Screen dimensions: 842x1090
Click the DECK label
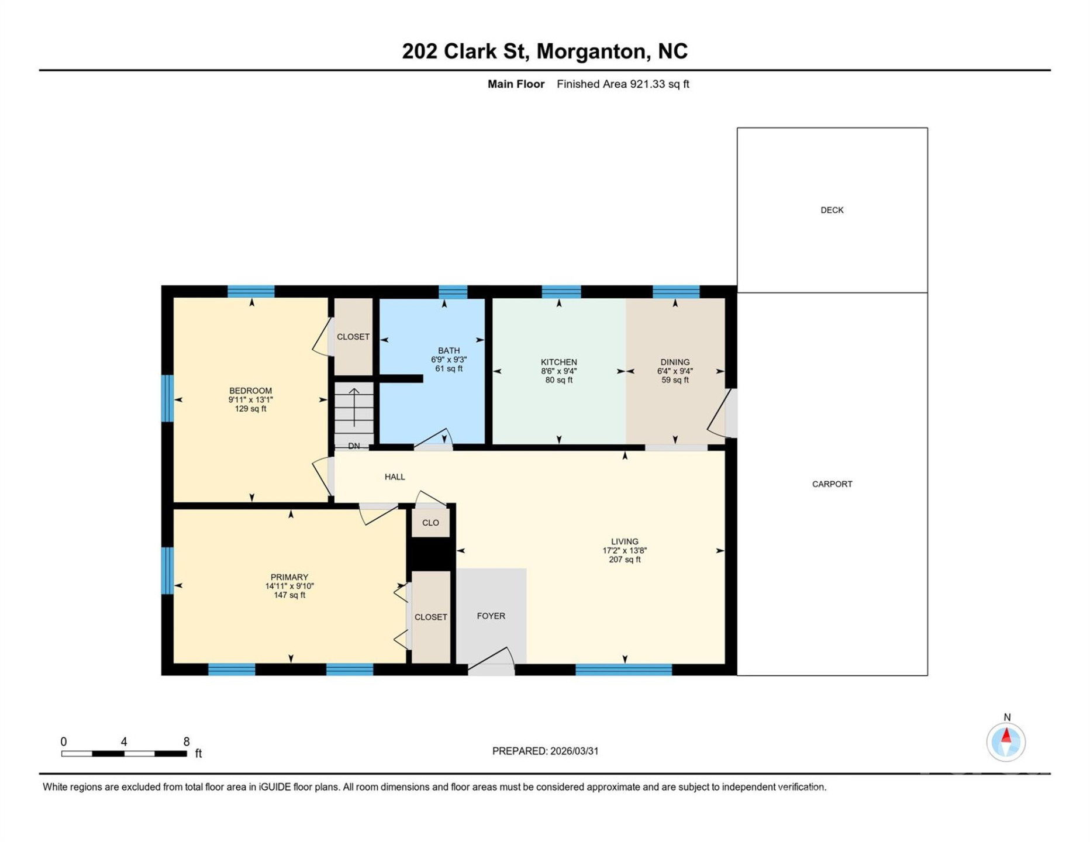click(x=832, y=210)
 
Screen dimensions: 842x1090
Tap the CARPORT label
click(x=832, y=484)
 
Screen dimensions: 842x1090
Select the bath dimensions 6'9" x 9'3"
click(x=449, y=360)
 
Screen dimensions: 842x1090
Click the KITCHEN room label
click(x=558, y=363)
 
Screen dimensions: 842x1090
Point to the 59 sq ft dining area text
click(x=675, y=380)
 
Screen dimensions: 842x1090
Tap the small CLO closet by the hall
click(x=430, y=523)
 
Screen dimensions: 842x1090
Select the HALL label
click(x=395, y=477)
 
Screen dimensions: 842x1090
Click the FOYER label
click(x=491, y=616)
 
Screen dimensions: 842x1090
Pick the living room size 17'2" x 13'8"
click(x=625, y=551)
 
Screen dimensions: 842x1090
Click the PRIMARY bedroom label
click(x=289, y=577)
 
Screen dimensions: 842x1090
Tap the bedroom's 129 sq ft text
click(x=250, y=409)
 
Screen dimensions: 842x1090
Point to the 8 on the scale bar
click(x=186, y=742)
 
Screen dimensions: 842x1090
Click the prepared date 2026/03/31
click(x=572, y=751)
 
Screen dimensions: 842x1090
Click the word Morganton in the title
click(x=592, y=51)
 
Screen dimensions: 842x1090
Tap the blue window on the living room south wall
click(x=623, y=670)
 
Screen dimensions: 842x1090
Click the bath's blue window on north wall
click(x=453, y=292)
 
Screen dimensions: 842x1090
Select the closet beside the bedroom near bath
click(x=353, y=337)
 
